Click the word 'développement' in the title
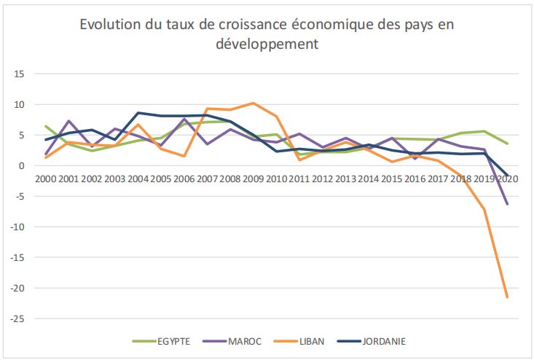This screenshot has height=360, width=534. pyautogui.click(x=267, y=45)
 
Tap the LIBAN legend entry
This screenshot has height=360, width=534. pyautogui.click(x=310, y=340)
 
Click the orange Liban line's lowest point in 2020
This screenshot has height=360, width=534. pyautogui.click(x=507, y=297)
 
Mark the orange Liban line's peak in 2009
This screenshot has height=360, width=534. pyautogui.click(x=253, y=103)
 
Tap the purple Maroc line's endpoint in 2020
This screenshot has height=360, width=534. pyautogui.click(x=507, y=205)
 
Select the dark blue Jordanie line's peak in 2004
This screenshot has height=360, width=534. pyautogui.click(x=138, y=113)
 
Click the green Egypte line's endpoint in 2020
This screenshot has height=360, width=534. pyautogui.click(x=507, y=144)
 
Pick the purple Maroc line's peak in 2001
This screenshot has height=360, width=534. pyautogui.click(x=68, y=121)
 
